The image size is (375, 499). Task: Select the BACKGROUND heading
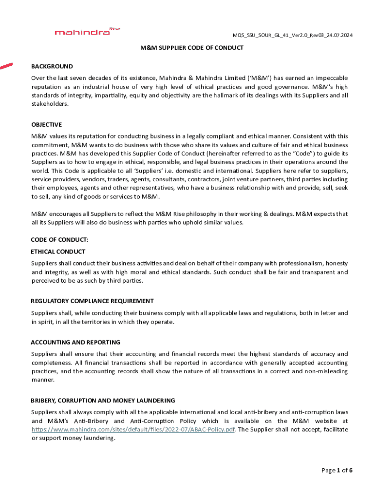click(52, 66)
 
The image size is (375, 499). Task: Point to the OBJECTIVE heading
click(47, 125)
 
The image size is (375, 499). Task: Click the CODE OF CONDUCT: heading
click(59, 240)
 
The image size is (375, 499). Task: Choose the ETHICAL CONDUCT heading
click(58, 251)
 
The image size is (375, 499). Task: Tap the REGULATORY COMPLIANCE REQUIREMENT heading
click(93, 301)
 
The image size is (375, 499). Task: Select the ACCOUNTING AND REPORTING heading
click(75, 342)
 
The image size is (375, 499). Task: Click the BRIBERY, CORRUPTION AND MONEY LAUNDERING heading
click(103, 401)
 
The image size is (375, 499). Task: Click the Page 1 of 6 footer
click(337, 470)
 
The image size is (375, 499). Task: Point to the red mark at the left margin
click(6, 65)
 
